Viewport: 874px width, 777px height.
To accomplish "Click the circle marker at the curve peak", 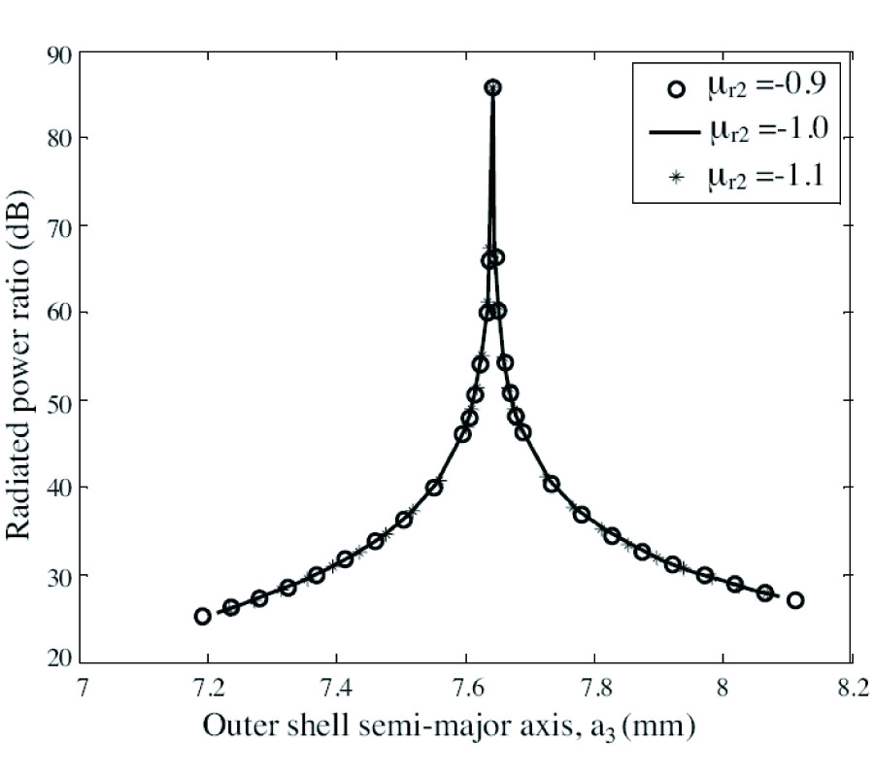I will click(492, 87).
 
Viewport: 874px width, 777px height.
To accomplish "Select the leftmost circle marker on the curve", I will click(202, 616).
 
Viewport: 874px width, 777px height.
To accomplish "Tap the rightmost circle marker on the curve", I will click(795, 600).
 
